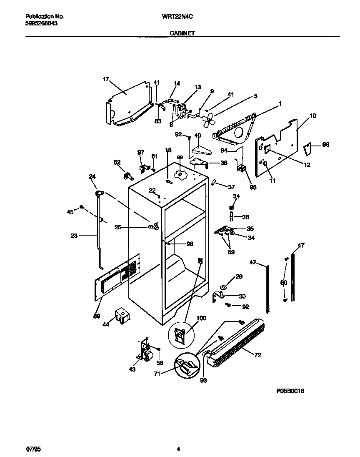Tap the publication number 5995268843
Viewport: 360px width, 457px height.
point(41,24)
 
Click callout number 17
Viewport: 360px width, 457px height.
point(106,79)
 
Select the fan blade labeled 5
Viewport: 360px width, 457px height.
point(207,120)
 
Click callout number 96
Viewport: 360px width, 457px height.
point(325,145)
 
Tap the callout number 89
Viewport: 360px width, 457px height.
point(97,316)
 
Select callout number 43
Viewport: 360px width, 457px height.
point(132,369)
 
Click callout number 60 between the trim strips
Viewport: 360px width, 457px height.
point(284,283)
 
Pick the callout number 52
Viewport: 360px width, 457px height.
point(117,162)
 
